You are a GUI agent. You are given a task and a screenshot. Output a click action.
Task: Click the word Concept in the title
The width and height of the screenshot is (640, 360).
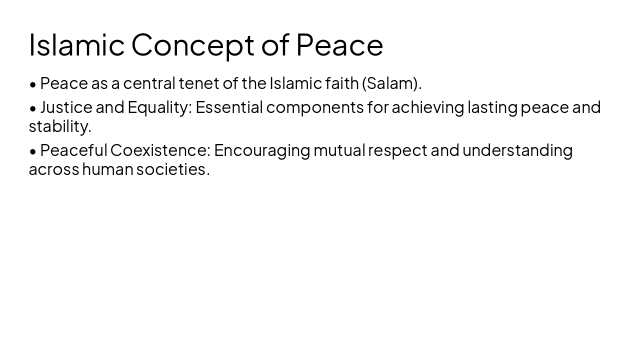click(x=193, y=45)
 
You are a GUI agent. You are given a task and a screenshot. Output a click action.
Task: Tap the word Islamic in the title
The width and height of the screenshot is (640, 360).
click(x=76, y=45)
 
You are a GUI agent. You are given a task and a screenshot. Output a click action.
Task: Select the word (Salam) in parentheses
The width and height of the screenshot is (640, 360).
click(x=391, y=83)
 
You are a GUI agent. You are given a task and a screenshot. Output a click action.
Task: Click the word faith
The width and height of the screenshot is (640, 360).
click(x=341, y=83)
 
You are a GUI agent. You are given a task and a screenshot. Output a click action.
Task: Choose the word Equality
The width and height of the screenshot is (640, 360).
click(x=159, y=107)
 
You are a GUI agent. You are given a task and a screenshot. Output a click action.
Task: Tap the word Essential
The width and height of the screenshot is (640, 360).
click(x=229, y=107)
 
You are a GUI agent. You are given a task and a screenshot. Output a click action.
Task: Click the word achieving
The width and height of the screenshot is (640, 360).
click(x=427, y=107)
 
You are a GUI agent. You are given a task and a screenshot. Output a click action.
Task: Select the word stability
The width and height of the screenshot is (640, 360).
click(x=60, y=126)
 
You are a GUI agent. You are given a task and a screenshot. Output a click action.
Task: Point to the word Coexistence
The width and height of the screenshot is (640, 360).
click(x=160, y=150)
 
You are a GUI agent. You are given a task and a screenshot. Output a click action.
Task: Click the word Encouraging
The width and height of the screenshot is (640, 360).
click(x=262, y=150)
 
